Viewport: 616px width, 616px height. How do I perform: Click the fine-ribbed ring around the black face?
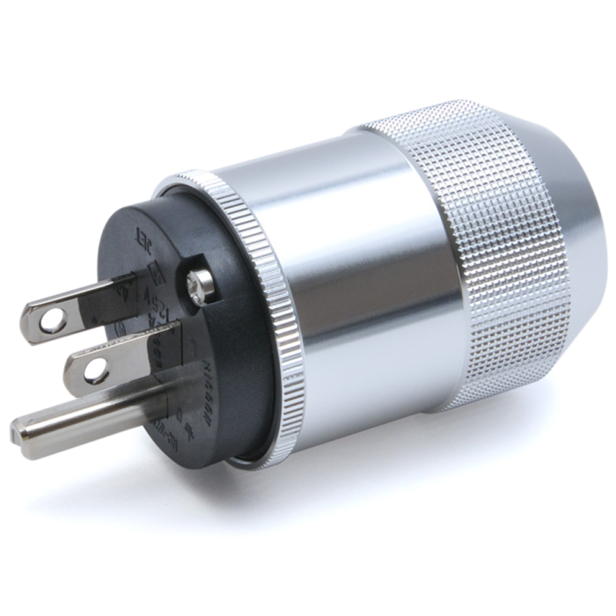(x=264, y=290)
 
